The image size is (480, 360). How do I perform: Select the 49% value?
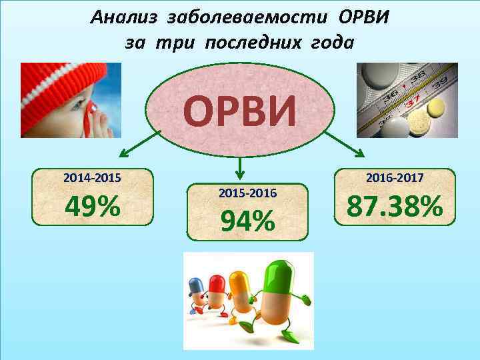93,207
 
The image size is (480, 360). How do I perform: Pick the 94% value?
247,221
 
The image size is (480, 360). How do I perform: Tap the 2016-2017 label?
395,179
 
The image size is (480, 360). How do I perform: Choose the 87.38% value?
395,207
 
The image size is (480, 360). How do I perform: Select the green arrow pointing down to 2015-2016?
242,167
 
